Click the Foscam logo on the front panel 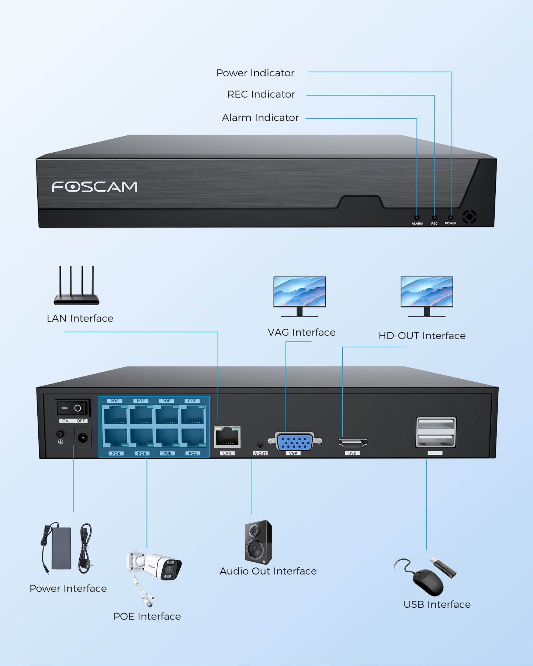coord(94,187)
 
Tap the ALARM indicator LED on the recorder coord(417,218)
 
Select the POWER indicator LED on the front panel coord(451,218)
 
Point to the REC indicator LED coord(435,218)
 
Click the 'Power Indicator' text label coord(255,73)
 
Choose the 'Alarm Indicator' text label coord(260,118)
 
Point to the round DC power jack coord(83,438)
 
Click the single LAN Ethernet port coord(227,437)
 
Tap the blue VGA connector coord(294,442)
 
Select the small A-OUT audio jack coord(260,445)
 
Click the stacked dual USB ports coord(436,432)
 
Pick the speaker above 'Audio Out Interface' coord(258,542)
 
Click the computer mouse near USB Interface coord(428,582)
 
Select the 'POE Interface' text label coord(147,616)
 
